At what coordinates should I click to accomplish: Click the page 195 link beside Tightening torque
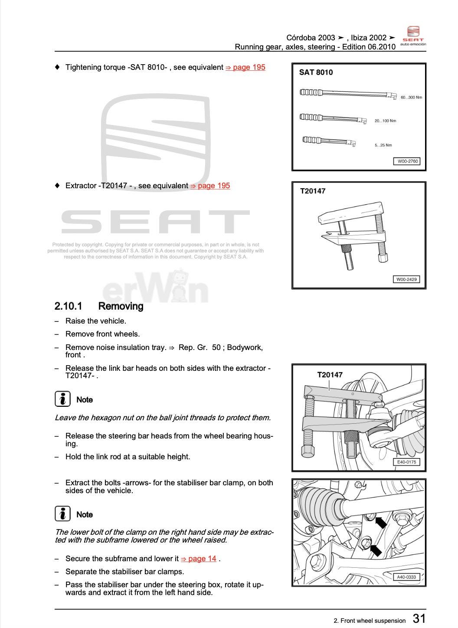pos(245,67)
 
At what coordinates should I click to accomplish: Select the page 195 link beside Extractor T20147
pos(210,186)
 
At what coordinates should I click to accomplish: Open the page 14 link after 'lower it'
pos(199,559)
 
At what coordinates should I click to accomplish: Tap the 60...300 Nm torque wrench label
pos(411,97)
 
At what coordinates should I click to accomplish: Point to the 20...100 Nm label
pos(385,121)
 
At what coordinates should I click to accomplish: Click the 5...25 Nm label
pos(383,145)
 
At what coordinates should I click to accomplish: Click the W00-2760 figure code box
pos(407,161)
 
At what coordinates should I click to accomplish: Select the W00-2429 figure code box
pos(406,279)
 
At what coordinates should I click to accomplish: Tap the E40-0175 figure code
pos(406,462)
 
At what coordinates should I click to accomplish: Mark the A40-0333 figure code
pos(406,577)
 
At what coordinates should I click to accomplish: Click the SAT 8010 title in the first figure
pos(316,72)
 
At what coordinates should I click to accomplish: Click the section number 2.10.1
pos(68,306)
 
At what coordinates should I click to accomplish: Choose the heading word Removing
pos(121,306)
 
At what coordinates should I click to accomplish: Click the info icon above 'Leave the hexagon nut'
pos(63,399)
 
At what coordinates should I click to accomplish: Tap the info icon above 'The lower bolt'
pos(63,514)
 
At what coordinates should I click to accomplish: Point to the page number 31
pos(419,618)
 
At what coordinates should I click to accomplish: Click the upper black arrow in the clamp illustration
pos(380,522)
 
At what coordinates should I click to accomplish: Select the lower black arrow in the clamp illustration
pos(375,550)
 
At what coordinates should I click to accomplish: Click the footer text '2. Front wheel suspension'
pos(370,621)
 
